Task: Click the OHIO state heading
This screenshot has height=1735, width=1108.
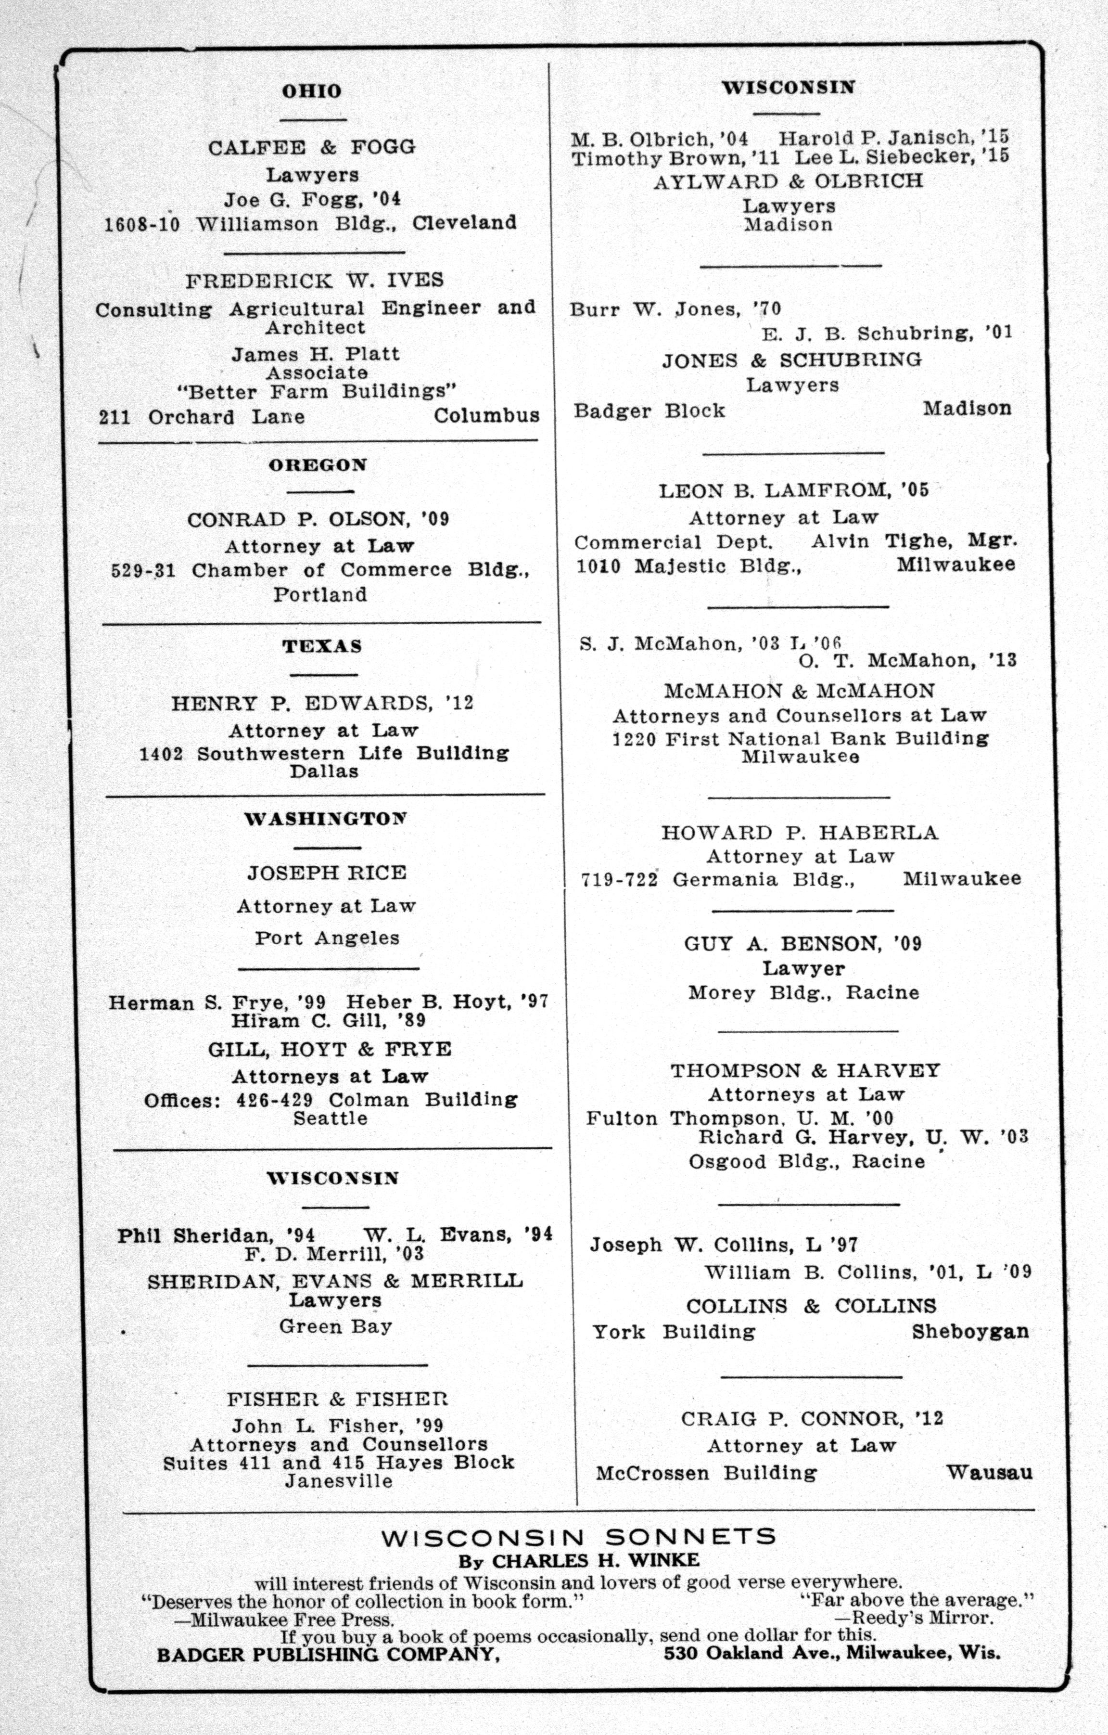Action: (311, 91)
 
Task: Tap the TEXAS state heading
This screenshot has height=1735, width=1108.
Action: (322, 646)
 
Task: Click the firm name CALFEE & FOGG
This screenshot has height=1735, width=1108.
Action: (312, 148)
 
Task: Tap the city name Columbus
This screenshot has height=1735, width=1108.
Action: (486, 416)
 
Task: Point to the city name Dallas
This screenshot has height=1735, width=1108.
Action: (324, 771)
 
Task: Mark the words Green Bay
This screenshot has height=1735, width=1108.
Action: (336, 1326)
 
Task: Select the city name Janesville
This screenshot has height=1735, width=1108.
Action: (339, 1481)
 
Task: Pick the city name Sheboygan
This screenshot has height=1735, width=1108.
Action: (969, 1332)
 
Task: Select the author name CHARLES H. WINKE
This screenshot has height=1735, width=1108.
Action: (595, 1561)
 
